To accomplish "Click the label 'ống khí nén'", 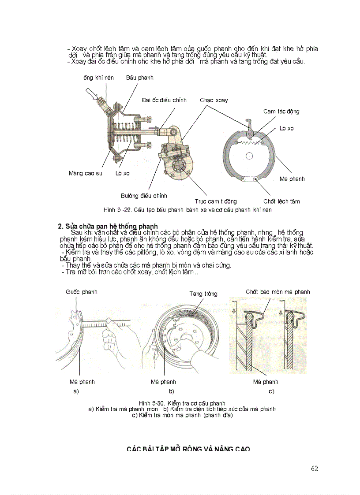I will click(98, 78).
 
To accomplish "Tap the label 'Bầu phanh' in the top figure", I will click(139, 78).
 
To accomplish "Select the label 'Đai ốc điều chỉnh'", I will click(164, 100).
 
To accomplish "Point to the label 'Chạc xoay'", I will click(214, 100).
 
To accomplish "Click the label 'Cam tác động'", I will click(281, 112).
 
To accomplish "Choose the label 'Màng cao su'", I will click(85, 173).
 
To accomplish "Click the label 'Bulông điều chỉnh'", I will click(144, 196).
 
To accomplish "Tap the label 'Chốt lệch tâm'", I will click(281, 201).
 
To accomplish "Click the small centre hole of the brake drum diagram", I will click(250, 156).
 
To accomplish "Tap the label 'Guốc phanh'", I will click(82, 292).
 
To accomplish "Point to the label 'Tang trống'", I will click(203, 294).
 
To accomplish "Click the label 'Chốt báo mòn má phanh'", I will click(277, 292).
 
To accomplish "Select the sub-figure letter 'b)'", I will click(171, 391).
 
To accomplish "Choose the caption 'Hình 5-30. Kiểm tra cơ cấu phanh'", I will click(182, 403).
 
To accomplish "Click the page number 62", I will click(314, 469).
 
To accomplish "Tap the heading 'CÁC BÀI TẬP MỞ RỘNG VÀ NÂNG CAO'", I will click(188, 449).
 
